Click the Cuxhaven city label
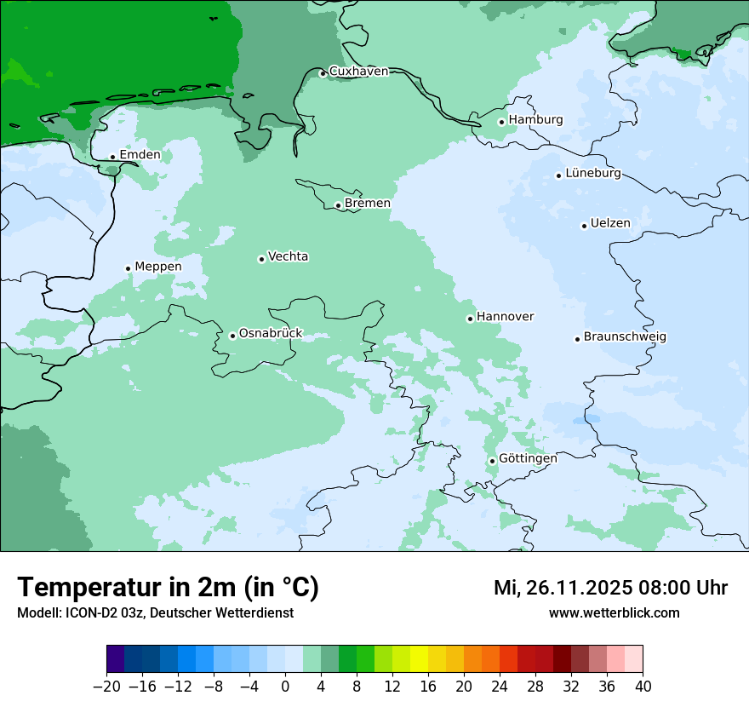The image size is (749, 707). pos(358,72)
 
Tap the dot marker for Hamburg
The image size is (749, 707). pos(502,122)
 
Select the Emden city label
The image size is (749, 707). pos(140,154)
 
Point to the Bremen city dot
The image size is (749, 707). pos(338,205)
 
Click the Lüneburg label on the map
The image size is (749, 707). pos(593,173)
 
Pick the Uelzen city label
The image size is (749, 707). pos(610,223)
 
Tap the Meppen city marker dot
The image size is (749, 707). pos(129,268)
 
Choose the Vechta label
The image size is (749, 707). pos(288,256)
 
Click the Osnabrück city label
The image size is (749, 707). pos(271,333)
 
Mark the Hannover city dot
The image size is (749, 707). pos(470,319)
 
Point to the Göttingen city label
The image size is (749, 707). pos(528,458)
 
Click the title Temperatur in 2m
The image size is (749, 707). pos(168,588)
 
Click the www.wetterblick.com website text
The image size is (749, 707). pos(615,613)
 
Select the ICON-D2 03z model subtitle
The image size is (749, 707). pos(155,613)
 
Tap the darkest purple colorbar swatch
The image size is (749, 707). pos(116,659)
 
